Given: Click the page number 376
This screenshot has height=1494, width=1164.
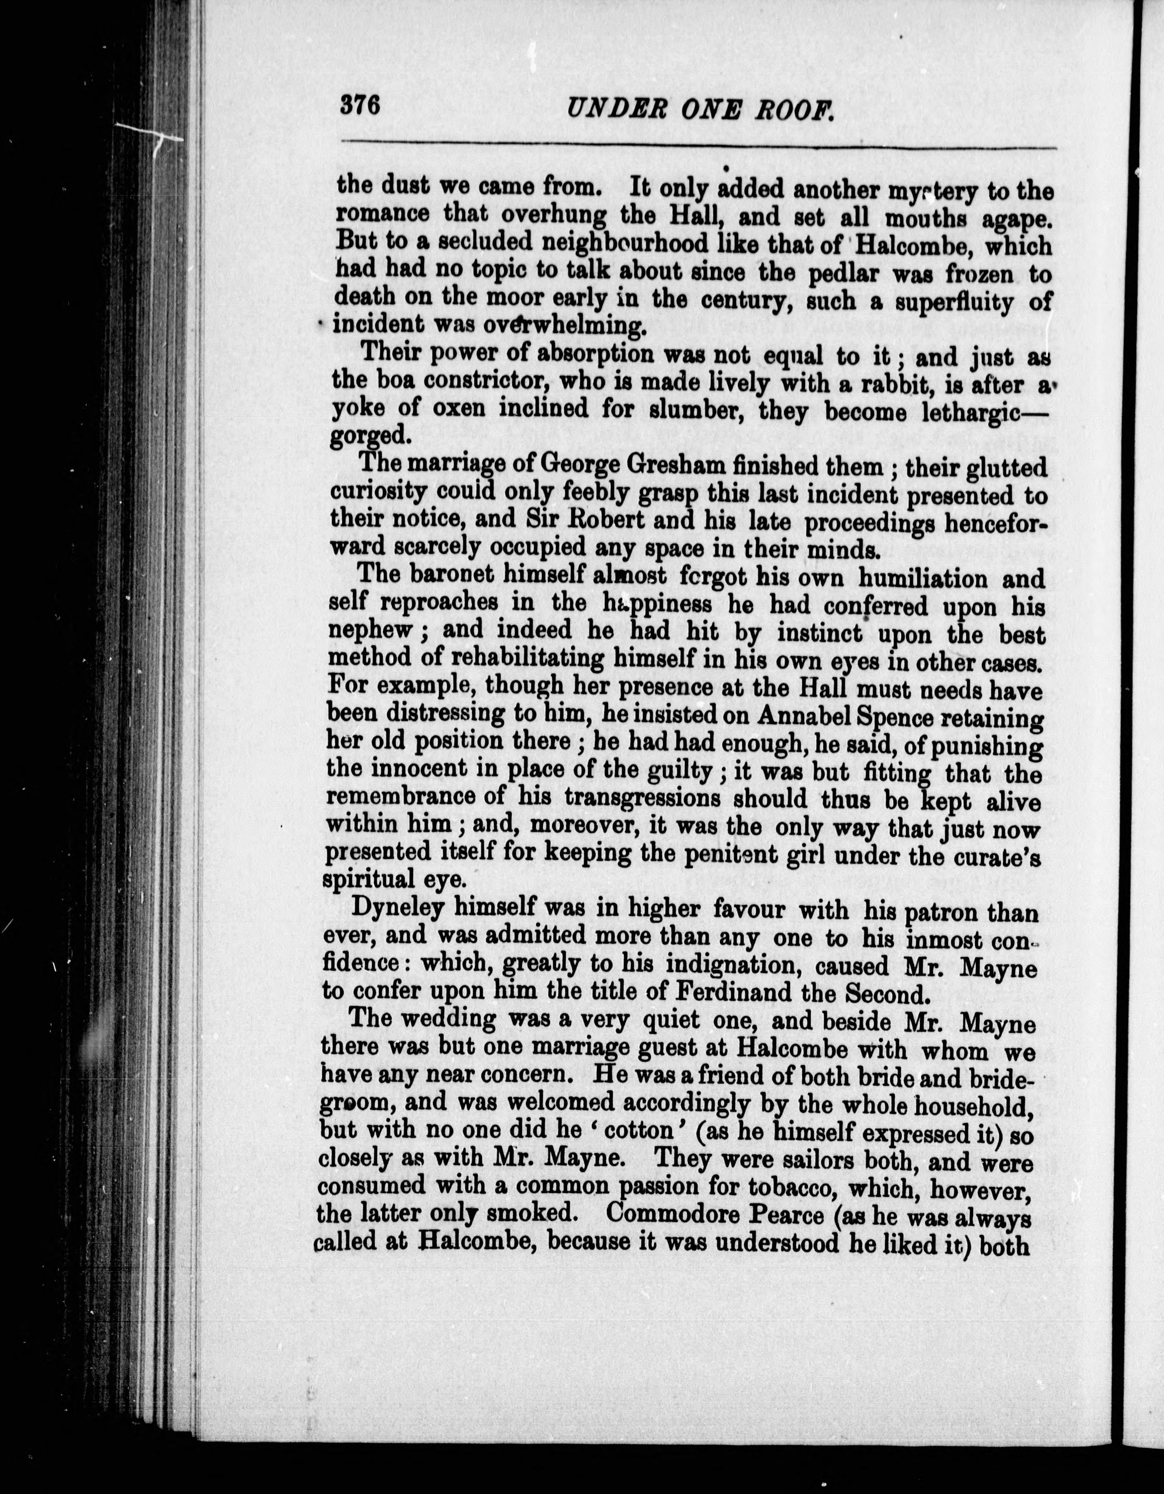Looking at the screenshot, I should tap(360, 107).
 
